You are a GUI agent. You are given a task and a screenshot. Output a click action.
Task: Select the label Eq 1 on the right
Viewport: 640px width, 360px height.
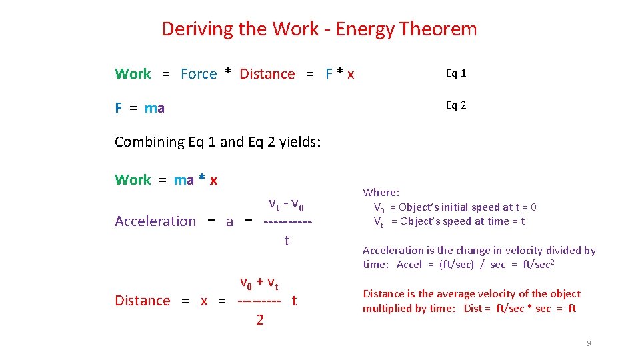click(x=456, y=73)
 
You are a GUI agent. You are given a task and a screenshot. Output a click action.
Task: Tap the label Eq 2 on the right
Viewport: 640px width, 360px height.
click(x=456, y=105)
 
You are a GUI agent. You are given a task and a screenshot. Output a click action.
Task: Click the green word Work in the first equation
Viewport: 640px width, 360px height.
click(x=133, y=74)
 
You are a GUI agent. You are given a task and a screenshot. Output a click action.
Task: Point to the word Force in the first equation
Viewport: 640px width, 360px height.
click(x=199, y=74)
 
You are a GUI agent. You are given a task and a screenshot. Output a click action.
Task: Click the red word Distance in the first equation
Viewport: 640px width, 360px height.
click(x=267, y=74)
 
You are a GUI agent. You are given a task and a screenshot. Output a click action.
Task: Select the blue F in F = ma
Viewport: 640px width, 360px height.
click(x=118, y=108)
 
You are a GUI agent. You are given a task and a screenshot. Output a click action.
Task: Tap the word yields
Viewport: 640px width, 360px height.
click(x=301, y=142)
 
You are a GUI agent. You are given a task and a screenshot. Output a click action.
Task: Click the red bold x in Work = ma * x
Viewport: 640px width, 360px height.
click(x=213, y=180)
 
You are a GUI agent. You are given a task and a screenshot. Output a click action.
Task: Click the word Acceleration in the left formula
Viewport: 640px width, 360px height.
click(x=155, y=221)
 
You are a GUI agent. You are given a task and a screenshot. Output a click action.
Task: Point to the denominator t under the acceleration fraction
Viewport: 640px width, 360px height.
click(x=287, y=241)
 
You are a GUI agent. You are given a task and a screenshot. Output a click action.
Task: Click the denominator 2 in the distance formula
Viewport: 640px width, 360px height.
click(x=259, y=321)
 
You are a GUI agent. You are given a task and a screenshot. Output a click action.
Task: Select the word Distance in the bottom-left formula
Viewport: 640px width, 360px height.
click(x=142, y=301)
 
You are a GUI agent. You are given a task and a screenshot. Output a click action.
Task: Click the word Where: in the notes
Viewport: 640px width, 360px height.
click(x=381, y=193)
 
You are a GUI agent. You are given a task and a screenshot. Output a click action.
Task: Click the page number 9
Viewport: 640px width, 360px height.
click(x=589, y=343)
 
